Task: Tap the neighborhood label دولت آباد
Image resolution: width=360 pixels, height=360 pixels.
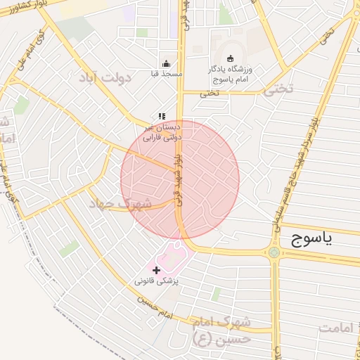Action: click(x=105, y=77)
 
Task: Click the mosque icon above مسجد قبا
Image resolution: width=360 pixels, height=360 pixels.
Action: click(x=166, y=63)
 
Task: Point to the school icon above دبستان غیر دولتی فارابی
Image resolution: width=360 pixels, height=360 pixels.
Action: click(x=162, y=116)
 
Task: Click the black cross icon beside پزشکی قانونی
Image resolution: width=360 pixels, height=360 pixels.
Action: click(x=156, y=270)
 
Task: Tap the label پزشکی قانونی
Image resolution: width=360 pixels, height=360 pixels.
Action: click(x=157, y=281)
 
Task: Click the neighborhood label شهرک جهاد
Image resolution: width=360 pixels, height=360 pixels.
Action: click(x=120, y=203)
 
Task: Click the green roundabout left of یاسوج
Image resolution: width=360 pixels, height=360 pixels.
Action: click(x=273, y=252)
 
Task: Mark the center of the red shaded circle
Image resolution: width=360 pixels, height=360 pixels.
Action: click(x=180, y=179)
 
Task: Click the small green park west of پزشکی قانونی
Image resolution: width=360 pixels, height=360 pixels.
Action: click(x=69, y=248)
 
